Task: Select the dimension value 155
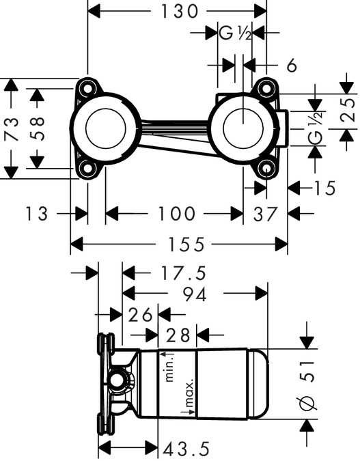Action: tap(180, 243)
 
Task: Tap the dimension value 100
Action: tap(176, 214)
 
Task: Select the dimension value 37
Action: tap(265, 214)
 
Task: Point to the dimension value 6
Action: tap(292, 66)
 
